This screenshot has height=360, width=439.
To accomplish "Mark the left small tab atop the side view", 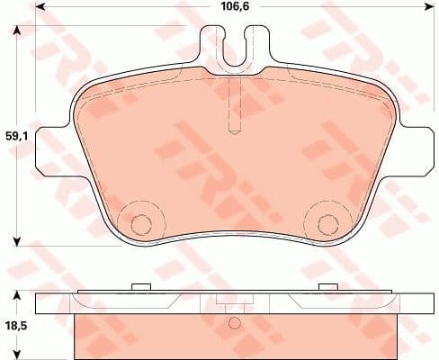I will [139, 287].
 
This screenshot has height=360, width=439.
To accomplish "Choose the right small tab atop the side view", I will [326, 287].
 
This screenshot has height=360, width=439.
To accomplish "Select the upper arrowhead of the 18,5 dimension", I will [16, 294].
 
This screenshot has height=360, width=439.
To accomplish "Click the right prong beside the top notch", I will [255, 40].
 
